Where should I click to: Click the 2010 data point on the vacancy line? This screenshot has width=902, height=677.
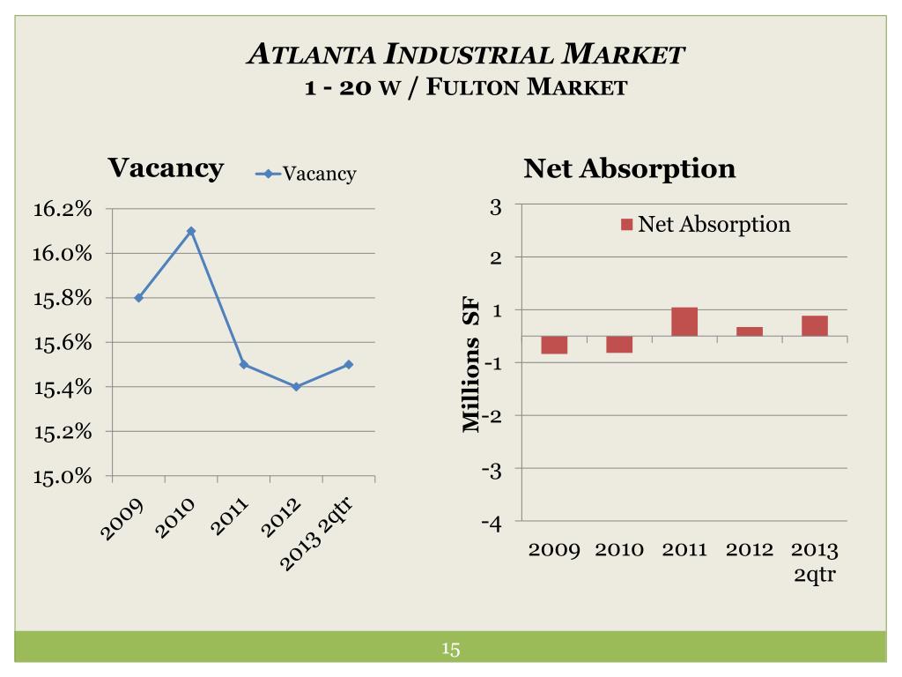pyautogui.click(x=191, y=231)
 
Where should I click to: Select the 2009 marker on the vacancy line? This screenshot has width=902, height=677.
pyautogui.click(x=139, y=298)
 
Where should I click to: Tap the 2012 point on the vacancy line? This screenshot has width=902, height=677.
pyautogui.click(x=296, y=386)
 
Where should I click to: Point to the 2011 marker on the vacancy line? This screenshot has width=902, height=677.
pyautogui.click(x=244, y=364)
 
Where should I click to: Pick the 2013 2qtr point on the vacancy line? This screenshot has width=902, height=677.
pyautogui.click(x=349, y=364)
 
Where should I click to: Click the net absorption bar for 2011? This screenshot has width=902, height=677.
pyautogui.click(x=684, y=322)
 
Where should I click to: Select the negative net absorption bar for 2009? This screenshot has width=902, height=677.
pyautogui.click(x=554, y=345)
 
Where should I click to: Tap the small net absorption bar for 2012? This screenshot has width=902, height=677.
pyautogui.click(x=750, y=331)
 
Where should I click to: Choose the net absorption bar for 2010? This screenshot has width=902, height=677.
pyautogui.click(x=619, y=344)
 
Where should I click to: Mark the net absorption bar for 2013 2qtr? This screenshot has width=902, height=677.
pyautogui.click(x=815, y=325)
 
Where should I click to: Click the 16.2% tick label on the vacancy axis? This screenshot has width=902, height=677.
pyautogui.click(x=63, y=209)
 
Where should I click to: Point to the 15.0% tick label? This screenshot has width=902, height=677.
pyautogui.click(x=63, y=477)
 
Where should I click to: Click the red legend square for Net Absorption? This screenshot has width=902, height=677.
pyautogui.click(x=626, y=225)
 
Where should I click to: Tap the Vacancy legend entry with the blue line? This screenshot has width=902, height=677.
pyautogui.click(x=306, y=174)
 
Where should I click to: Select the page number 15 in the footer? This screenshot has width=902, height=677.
pyautogui.click(x=451, y=651)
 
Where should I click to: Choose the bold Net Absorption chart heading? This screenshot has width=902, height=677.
pyautogui.click(x=629, y=168)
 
